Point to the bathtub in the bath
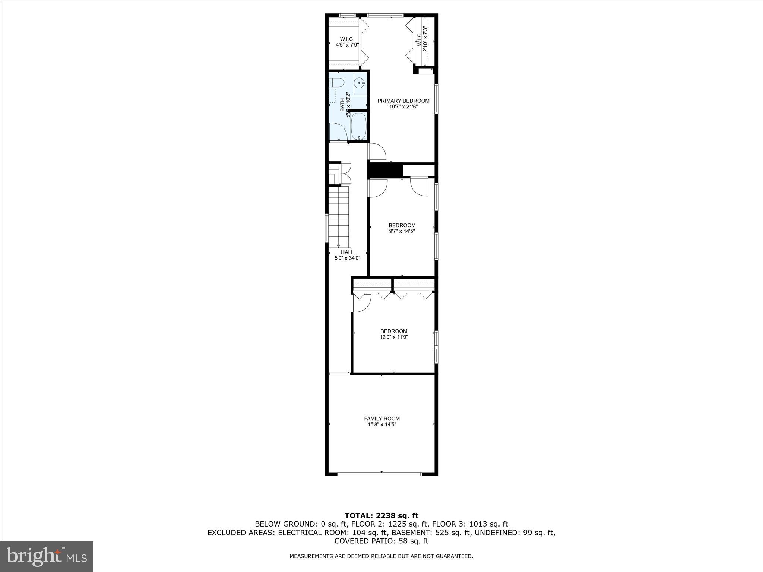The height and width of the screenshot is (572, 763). tap(358, 126)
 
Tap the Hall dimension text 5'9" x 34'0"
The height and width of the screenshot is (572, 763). tap(347, 258)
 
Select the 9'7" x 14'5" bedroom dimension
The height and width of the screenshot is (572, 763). tap(402, 231)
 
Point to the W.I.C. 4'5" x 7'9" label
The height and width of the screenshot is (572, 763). tap(346, 42)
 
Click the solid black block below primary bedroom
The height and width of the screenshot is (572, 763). tap(386, 171)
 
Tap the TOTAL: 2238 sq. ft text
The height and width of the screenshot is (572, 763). tap(381, 516)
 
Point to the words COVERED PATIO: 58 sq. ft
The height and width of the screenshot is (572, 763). tap(381, 541)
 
